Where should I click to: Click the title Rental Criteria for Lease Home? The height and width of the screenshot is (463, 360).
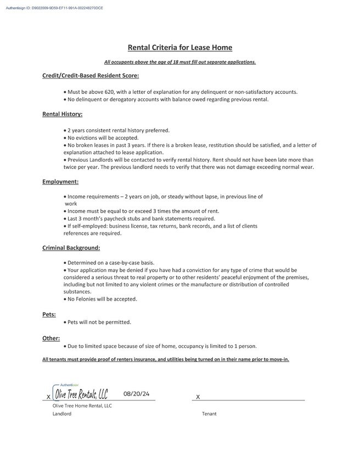179,48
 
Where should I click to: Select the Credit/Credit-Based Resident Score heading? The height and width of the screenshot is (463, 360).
91,75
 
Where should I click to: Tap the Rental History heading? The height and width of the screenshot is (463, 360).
62,114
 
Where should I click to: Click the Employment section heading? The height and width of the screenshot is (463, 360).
60,181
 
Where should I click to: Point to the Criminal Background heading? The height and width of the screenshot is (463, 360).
71,248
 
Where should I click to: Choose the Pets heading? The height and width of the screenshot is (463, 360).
49,314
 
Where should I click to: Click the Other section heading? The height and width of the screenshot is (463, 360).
51,338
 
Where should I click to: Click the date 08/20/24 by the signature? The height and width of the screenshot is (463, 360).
137,393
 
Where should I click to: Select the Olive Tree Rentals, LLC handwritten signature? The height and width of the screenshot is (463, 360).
80,394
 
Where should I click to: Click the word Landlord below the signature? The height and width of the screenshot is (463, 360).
62,414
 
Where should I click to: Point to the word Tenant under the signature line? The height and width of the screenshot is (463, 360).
209,414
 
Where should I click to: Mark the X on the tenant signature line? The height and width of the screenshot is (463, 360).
198,397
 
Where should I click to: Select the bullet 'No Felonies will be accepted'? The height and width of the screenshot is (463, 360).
102,299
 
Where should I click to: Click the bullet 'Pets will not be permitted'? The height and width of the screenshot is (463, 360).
99,322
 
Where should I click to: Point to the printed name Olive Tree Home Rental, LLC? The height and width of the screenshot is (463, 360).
82,405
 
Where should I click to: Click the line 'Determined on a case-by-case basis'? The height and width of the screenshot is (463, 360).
110,263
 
